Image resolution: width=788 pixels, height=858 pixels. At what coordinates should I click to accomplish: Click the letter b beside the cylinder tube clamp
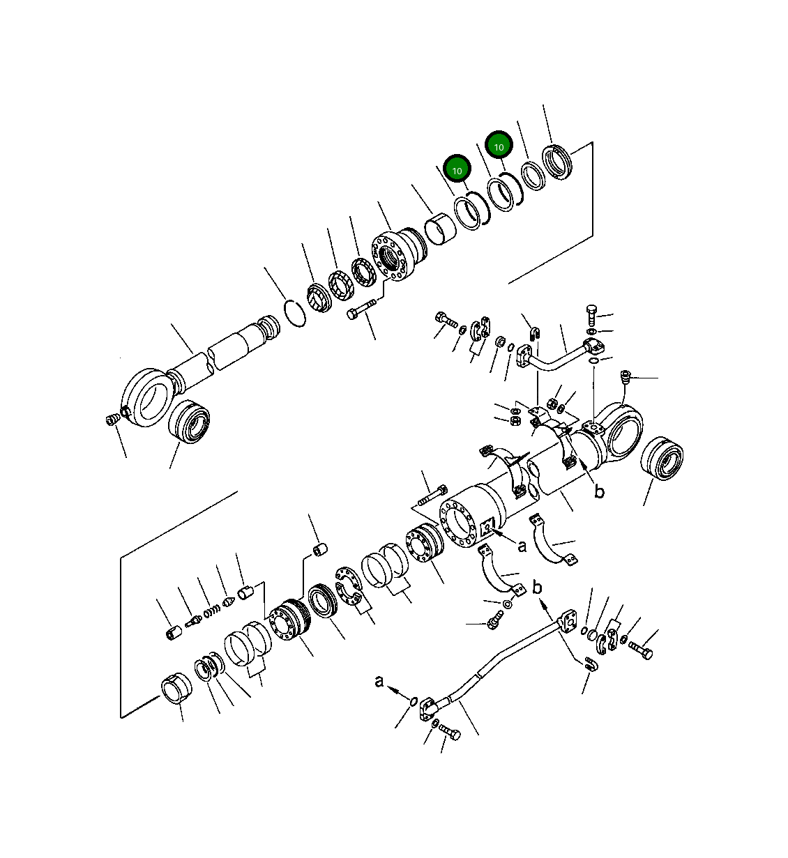(x=598, y=492)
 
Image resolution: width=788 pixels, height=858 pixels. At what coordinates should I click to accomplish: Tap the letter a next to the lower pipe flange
(x=379, y=681)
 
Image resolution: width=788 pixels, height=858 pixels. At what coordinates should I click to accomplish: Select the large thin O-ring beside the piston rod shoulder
(x=296, y=312)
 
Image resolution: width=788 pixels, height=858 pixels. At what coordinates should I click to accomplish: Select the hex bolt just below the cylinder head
(x=361, y=309)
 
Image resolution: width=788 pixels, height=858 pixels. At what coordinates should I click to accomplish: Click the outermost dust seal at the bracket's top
(x=558, y=163)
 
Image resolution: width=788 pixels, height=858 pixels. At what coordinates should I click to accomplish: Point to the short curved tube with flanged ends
(x=558, y=355)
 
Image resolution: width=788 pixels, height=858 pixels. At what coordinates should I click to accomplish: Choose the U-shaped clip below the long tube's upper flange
(x=591, y=664)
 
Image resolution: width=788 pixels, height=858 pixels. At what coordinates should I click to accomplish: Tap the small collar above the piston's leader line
(x=320, y=550)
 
